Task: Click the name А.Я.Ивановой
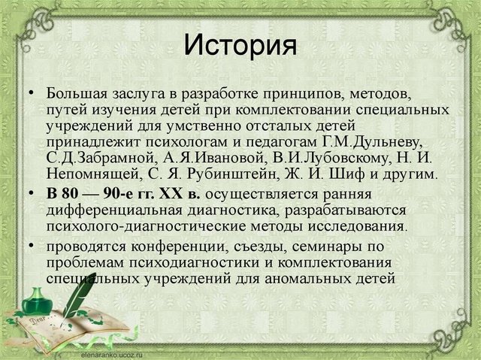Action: point(178,159)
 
